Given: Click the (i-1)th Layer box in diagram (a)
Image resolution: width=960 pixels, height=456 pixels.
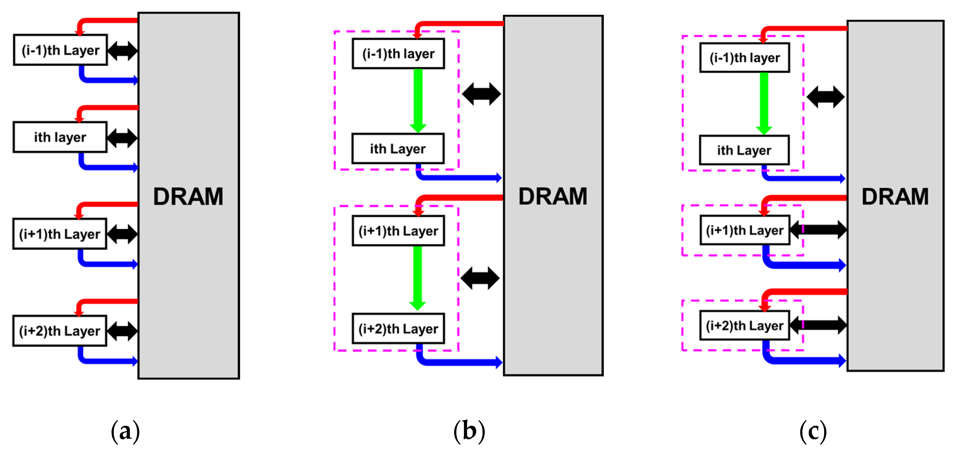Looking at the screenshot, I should (x=61, y=50).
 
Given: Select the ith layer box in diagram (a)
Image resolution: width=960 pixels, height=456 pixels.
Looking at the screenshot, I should (x=60, y=137).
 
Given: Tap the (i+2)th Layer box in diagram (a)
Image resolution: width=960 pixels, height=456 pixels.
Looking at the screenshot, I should (x=60, y=331).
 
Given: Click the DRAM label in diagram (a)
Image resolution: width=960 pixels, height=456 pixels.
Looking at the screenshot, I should (x=188, y=197).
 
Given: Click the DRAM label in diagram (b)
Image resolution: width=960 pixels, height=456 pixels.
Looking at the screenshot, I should (x=553, y=196).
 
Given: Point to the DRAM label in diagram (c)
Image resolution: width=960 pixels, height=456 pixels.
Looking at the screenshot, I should (x=895, y=197).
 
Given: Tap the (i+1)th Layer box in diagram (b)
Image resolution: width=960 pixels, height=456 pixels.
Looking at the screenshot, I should (x=398, y=231).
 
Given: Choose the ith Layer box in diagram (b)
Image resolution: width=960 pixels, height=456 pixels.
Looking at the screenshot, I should (x=398, y=149).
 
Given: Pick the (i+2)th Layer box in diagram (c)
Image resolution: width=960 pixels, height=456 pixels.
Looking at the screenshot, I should (x=745, y=325).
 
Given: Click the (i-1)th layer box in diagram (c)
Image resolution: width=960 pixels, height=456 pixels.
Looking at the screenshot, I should (x=745, y=58).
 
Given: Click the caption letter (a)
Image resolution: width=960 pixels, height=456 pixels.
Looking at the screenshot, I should (x=125, y=431).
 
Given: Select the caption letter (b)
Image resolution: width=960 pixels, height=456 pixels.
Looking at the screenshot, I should (x=469, y=431).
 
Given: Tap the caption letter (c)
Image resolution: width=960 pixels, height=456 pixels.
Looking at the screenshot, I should (x=813, y=431).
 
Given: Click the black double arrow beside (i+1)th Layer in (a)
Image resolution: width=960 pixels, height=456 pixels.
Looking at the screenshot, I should (x=122, y=234).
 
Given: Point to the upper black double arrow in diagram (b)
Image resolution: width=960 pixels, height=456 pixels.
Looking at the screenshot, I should (x=482, y=94).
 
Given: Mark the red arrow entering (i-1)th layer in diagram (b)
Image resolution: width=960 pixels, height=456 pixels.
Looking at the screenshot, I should (x=458, y=24).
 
